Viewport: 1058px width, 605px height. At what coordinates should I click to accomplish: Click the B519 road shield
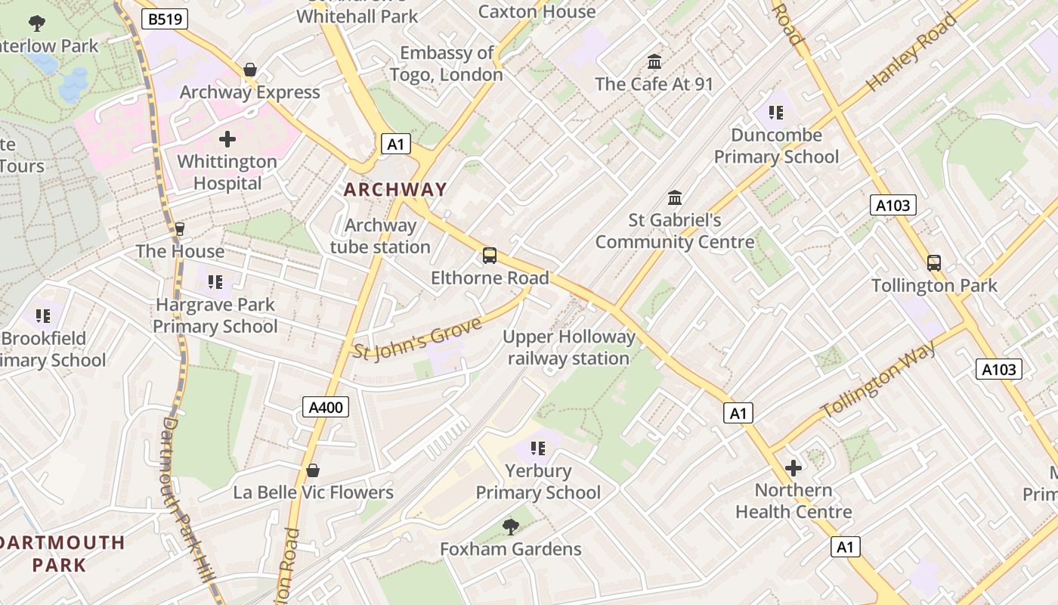pos(164,19)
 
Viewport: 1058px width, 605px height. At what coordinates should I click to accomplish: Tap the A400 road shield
pos(326,407)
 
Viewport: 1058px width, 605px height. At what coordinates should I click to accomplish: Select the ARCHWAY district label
pos(395,190)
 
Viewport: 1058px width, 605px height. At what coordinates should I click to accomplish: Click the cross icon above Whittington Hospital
pos(227,139)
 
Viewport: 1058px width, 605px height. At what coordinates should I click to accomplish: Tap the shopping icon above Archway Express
pos(250,70)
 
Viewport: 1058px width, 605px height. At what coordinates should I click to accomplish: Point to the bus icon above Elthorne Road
pos(490,256)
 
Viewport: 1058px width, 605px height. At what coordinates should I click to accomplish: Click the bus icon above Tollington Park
pos(934,263)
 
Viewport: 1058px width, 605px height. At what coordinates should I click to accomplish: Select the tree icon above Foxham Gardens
pos(511,526)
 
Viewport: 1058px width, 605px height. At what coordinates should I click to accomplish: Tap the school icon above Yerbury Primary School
pos(537,448)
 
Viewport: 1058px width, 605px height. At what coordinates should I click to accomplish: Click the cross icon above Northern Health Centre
pos(793,468)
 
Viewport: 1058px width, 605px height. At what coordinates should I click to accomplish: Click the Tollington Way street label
pos(878,380)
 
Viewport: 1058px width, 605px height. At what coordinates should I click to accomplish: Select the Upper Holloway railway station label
pos(569,348)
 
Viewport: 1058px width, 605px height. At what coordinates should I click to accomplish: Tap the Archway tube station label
pos(380,236)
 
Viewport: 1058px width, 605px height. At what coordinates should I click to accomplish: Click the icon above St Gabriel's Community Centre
pos(675,198)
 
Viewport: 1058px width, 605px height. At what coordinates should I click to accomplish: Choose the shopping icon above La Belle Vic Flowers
pos(313,470)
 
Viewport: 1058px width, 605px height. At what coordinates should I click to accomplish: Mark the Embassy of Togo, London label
pos(446,64)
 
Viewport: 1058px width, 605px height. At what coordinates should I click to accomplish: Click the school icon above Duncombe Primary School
pos(775,113)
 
